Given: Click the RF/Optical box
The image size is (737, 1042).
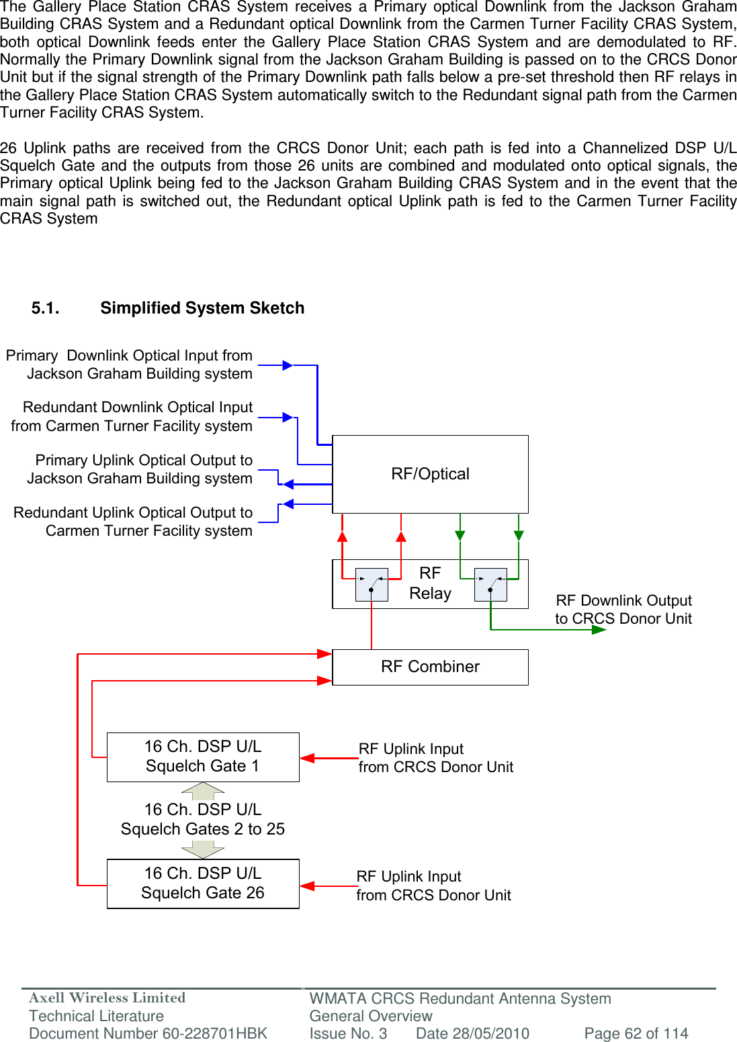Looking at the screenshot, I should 430,474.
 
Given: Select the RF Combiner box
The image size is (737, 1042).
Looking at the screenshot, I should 430,667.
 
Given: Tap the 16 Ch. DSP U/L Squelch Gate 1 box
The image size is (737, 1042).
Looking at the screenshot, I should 203,757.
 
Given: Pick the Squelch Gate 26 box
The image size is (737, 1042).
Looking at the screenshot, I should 203,884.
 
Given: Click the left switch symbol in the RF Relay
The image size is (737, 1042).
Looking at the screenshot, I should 372,584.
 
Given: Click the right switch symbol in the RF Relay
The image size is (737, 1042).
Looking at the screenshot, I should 490,584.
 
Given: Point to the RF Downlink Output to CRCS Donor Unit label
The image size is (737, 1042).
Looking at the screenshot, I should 623,609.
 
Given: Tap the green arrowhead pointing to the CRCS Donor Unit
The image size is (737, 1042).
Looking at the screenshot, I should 599,630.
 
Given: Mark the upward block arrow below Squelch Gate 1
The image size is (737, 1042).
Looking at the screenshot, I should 203,791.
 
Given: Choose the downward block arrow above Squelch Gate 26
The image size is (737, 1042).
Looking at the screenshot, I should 203,850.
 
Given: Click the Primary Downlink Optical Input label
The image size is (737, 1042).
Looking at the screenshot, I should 130,365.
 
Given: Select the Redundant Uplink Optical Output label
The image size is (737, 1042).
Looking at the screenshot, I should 133,522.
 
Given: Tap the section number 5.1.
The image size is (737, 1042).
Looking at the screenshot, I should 45,308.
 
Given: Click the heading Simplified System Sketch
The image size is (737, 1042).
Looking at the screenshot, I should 202,308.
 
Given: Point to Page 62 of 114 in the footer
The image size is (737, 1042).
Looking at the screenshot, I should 636,1033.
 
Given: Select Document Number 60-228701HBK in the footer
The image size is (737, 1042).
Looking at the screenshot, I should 148,1033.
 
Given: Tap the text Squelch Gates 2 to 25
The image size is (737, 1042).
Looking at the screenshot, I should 203,829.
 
